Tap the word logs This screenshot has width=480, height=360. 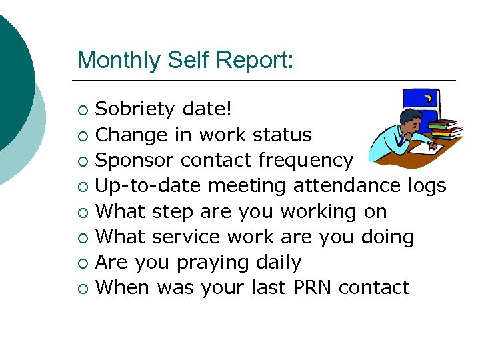click(427, 185)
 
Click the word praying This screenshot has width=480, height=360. click(217, 263)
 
